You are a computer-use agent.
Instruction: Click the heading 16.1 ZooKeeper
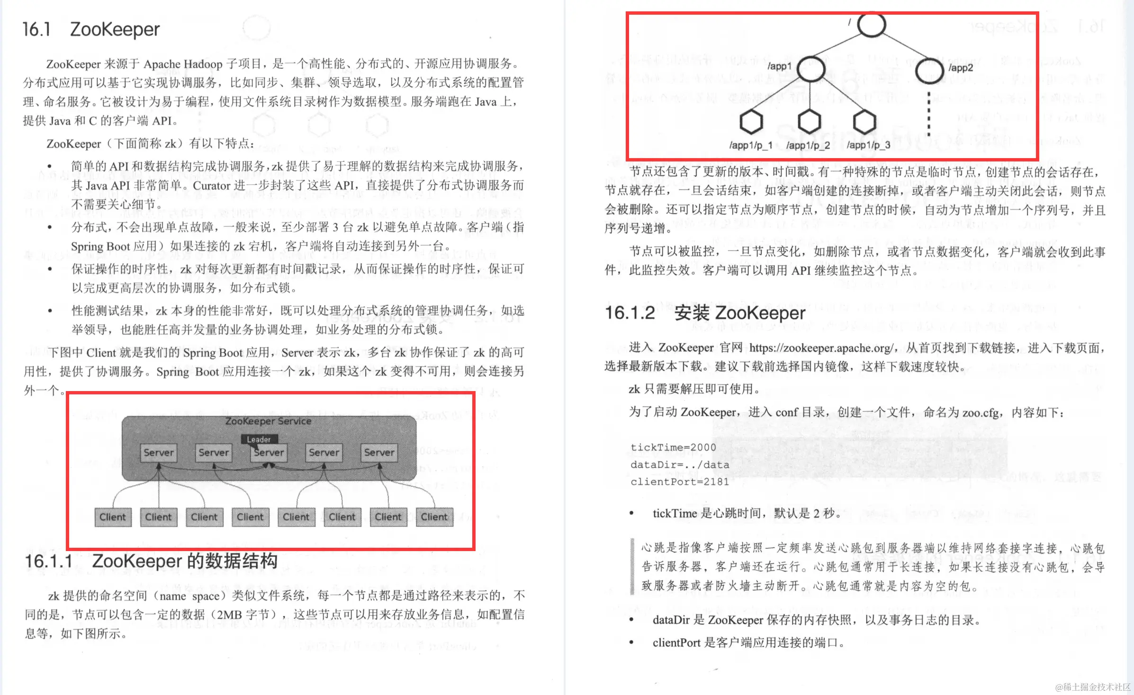[x=91, y=29]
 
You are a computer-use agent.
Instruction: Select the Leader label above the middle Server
[x=259, y=439]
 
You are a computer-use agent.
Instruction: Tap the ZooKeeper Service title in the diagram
[x=268, y=421]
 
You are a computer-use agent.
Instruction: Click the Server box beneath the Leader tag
[x=269, y=453]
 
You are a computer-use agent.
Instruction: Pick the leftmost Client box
[x=113, y=517]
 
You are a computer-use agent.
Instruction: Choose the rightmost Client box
[x=434, y=517]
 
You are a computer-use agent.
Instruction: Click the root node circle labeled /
[x=871, y=25]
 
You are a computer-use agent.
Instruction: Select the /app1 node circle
[x=810, y=69]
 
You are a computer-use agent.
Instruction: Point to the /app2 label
[x=960, y=68]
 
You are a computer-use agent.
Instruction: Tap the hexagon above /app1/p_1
[x=751, y=122]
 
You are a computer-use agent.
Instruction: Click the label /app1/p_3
[x=868, y=145]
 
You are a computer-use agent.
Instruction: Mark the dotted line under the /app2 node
[x=928, y=114]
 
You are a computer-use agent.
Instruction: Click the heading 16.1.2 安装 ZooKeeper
[x=704, y=313]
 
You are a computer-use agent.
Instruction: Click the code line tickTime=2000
[x=673, y=447]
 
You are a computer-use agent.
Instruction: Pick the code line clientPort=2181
[x=679, y=482]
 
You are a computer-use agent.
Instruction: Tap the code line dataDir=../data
[x=679, y=465]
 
